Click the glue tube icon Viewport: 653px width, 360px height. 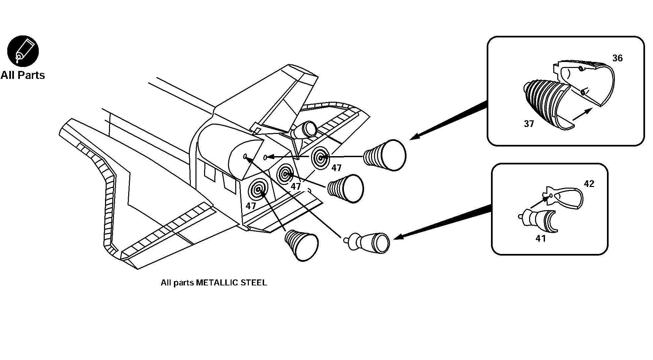[23, 51]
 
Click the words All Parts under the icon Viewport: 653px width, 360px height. [23, 75]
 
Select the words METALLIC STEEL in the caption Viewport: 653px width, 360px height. [231, 283]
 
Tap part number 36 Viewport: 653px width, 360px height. [617, 58]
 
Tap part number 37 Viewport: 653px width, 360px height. [529, 124]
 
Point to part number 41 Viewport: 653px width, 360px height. [540, 238]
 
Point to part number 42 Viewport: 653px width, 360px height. [589, 184]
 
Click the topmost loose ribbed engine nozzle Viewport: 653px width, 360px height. [386, 155]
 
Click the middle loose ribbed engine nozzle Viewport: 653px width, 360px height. [346, 188]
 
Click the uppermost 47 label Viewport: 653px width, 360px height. [336, 168]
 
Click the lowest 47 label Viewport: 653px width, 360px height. [251, 206]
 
